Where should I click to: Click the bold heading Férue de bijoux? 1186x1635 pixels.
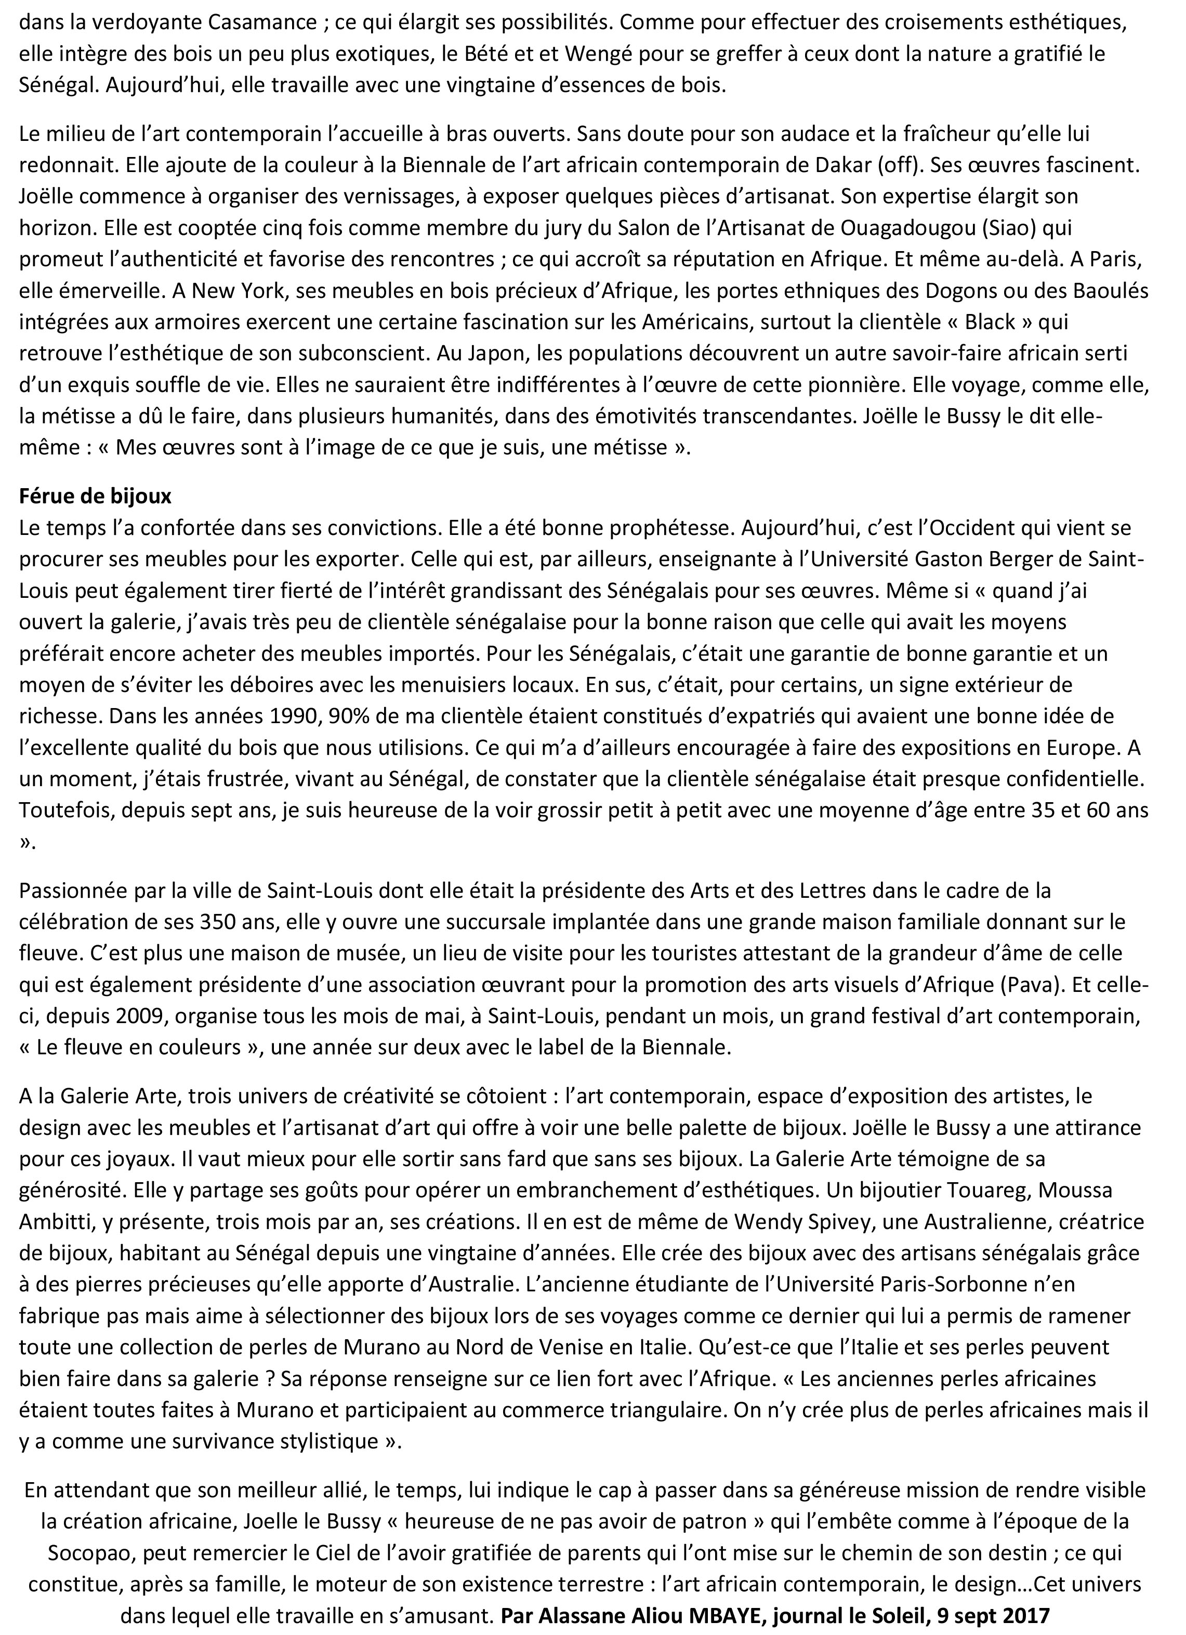pyautogui.click(x=95, y=496)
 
